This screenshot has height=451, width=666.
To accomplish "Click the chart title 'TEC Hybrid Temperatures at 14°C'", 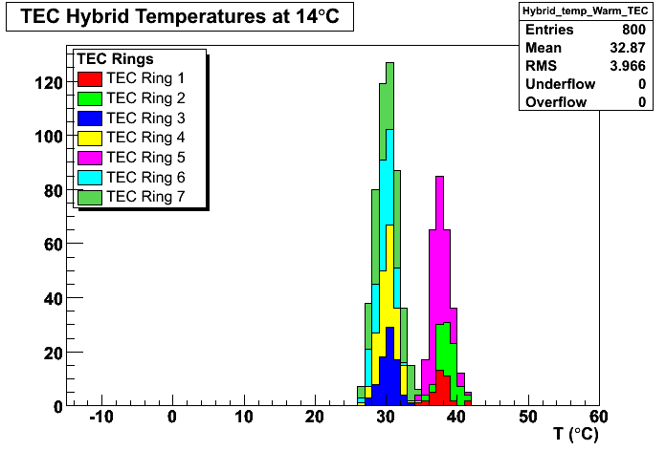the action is (x=180, y=16).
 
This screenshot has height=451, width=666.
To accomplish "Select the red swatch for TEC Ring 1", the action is (x=90, y=79).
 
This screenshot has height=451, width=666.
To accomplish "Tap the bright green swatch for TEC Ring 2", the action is (x=90, y=98).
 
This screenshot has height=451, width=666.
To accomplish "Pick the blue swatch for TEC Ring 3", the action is (x=90, y=118).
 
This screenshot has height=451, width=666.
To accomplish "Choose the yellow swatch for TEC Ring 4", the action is (x=90, y=138).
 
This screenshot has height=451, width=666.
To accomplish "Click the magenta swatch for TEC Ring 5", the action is (x=90, y=158).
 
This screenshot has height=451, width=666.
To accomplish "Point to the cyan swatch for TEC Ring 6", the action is (x=90, y=178).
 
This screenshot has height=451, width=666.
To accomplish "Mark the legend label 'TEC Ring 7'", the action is (x=145, y=197).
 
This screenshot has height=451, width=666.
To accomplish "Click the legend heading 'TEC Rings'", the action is (x=115, y=59).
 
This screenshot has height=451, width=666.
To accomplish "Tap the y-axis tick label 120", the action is (x=49, y=83).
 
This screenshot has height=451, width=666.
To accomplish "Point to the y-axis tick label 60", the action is (x=54, y=245).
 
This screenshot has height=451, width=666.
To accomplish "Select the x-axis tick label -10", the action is (x=101, y=417).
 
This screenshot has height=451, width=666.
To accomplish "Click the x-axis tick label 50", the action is (x=528, y=417).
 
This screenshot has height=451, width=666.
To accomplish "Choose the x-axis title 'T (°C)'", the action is (x=576, y=435).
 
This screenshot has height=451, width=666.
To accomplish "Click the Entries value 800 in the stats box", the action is (x=633, y=30).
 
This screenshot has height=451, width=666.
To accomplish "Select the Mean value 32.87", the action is (x=628, y=48).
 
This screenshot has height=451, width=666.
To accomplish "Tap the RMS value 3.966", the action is (x=628, y=66).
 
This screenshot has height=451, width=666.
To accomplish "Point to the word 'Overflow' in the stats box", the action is (x=556, y=102).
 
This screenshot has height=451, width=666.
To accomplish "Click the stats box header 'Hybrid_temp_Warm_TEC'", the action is (x=586, y=11).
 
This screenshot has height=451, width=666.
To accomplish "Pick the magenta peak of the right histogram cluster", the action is (x=439, y=177).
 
